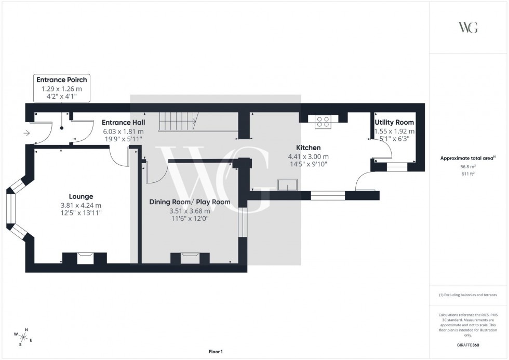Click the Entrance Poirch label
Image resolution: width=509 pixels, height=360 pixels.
click(61, 79)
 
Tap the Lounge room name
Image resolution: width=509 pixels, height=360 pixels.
click(81, 196)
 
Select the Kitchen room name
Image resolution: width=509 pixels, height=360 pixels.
click(308, 148)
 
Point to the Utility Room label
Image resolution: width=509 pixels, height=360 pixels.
click(394, 122)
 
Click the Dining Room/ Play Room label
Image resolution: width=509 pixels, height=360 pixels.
click(190, 202)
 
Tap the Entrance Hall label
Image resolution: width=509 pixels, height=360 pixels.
click(123, 122)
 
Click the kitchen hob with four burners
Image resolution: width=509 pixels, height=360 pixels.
click(322, 121)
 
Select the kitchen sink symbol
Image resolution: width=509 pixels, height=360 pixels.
click(287, 185)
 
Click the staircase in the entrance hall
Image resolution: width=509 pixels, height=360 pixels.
click(177, 122)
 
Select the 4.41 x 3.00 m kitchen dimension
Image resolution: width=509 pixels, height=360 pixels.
click(308, 156)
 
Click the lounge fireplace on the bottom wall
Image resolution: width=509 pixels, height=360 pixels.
click(84, 258)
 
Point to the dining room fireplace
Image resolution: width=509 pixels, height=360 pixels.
click(190, 258)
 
